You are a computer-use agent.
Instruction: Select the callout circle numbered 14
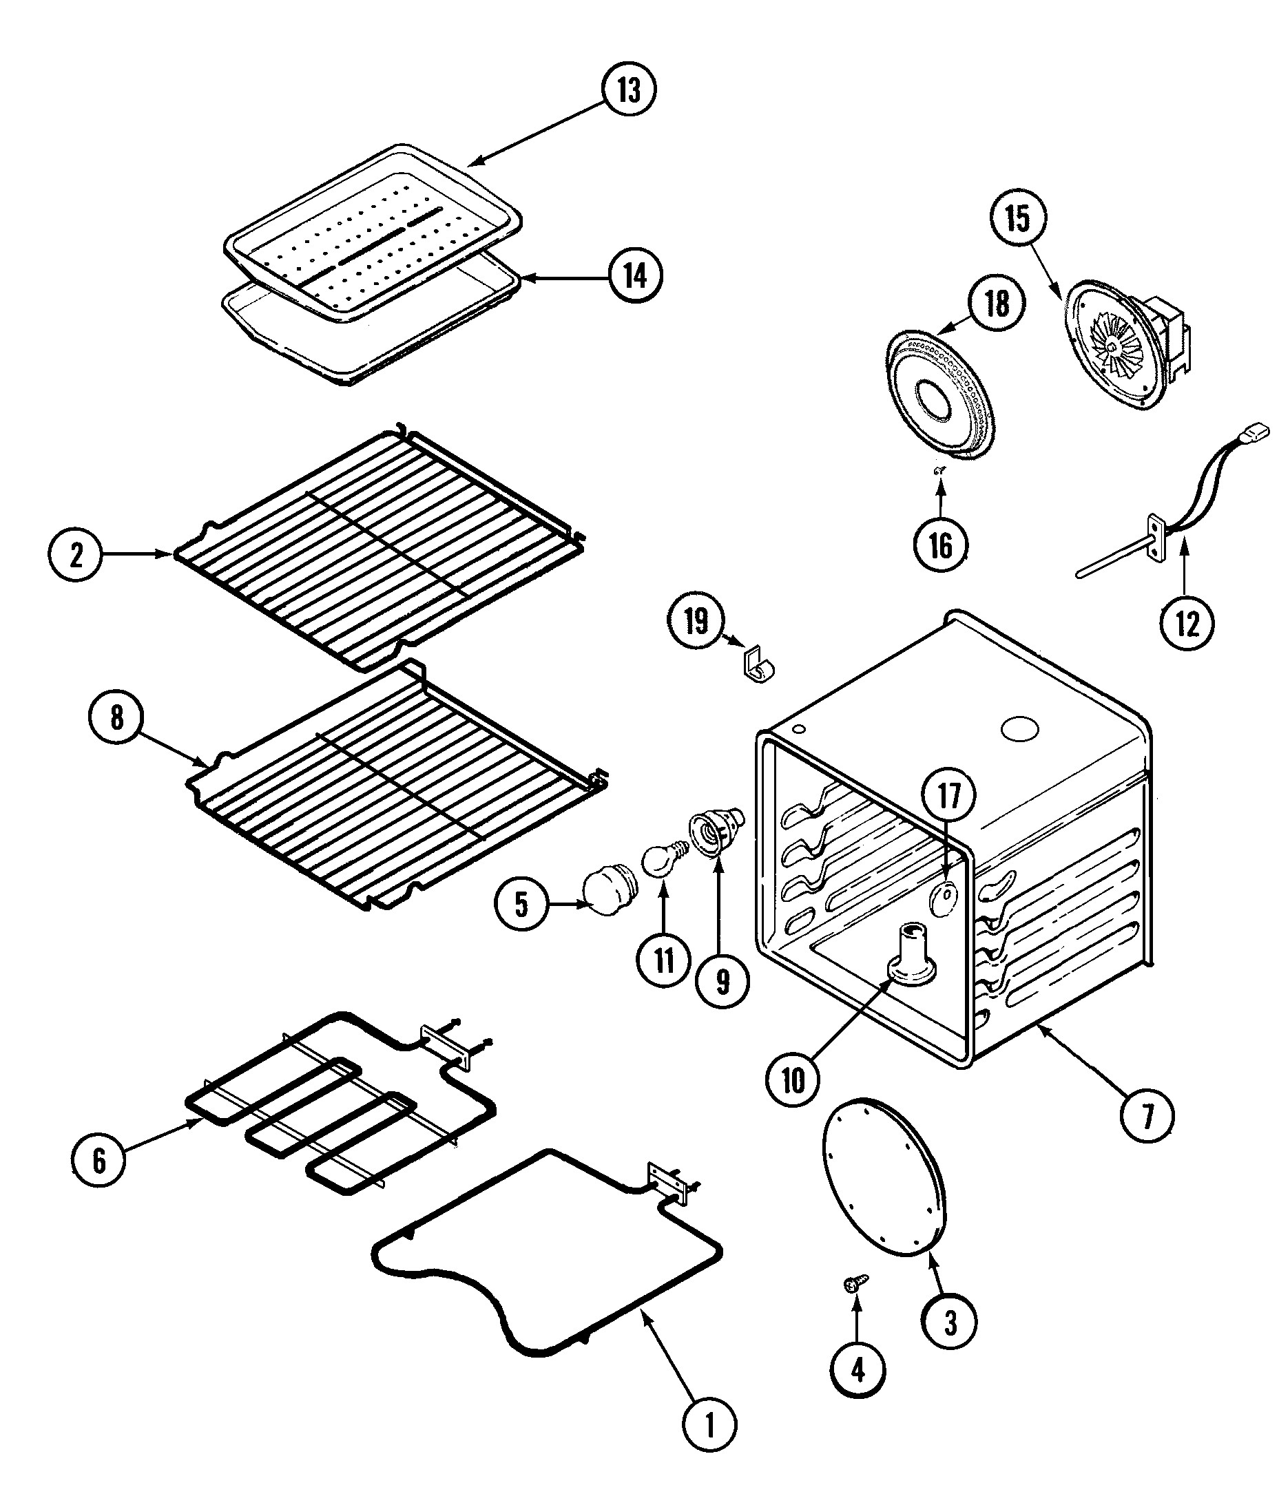635,276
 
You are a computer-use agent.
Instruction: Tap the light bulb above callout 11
659,863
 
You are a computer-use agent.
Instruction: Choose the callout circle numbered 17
950,796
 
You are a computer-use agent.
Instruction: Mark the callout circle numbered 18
997,303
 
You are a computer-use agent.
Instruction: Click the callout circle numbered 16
940,547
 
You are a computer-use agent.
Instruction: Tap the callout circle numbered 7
1147,1115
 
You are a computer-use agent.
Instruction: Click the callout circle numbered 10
793,1080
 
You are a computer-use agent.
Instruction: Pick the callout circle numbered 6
99,1161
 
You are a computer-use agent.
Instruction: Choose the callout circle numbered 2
76,554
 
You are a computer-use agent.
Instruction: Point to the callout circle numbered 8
116,719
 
